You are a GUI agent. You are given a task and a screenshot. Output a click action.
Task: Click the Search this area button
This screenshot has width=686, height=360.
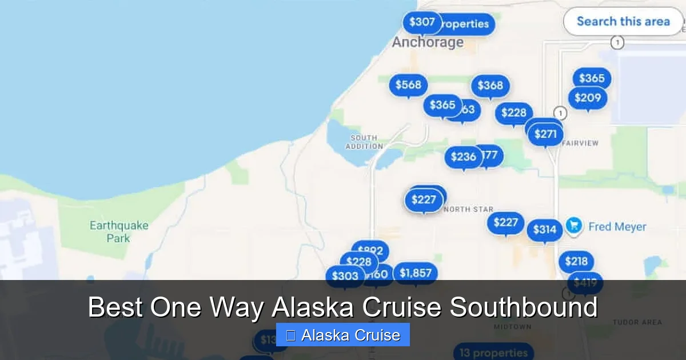point(623,22)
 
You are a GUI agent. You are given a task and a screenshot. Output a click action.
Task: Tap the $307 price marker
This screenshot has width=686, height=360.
point(422,22)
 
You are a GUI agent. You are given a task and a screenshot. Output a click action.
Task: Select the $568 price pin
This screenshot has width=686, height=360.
point(408,85)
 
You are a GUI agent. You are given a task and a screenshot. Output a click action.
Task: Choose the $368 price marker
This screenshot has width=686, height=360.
point(490,85)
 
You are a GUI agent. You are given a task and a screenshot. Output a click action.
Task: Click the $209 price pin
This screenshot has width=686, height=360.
point(588,98)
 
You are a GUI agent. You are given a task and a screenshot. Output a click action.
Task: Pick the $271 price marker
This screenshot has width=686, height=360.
point(545,135)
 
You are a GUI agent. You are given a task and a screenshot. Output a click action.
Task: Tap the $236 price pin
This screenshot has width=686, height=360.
point(463,157)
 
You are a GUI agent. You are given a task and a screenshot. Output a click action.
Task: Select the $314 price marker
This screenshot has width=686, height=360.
point(544,230)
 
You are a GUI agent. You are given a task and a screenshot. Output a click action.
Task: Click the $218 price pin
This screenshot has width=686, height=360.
point(576,262)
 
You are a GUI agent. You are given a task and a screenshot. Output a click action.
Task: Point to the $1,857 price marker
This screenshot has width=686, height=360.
point(416,273)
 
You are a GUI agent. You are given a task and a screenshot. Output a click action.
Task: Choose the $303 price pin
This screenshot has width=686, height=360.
point(345,277)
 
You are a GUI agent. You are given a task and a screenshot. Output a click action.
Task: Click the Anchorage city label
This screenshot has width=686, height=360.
point(428,42)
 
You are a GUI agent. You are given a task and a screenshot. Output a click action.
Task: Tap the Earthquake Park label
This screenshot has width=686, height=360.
point(119,231)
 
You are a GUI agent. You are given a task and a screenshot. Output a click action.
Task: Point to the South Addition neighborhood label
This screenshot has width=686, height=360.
point(364,142)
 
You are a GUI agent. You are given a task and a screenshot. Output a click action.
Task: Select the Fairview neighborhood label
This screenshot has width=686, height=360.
point(580,143)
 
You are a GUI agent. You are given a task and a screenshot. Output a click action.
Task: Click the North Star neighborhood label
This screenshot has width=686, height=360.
point(468,210)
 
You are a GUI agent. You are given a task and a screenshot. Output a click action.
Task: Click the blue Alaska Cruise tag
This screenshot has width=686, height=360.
point(343,335)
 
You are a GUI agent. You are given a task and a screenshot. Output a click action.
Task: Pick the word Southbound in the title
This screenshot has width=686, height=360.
point(523,307)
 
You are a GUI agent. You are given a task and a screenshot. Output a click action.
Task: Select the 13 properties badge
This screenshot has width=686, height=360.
point(493,353)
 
